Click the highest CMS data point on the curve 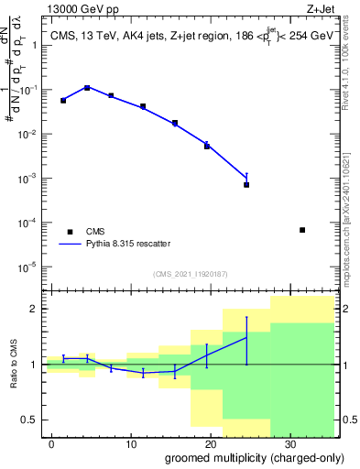(x=87, y=88)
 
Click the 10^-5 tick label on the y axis (x=33, y=267)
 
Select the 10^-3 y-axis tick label (x=33, y=179)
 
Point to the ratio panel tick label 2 (x=36, y=309)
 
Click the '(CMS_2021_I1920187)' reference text (x=190, y=274)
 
